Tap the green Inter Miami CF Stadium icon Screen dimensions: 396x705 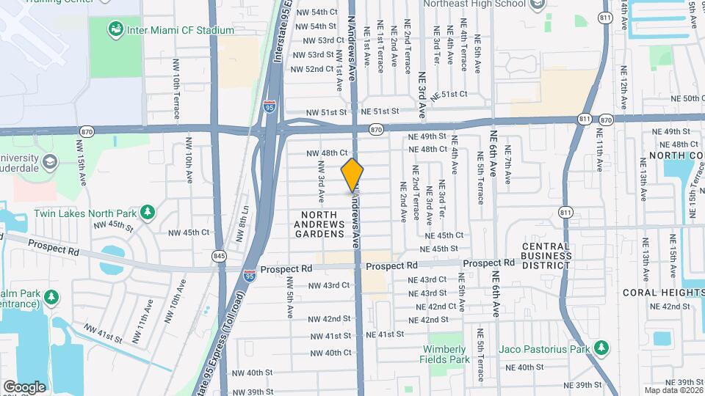point(115,30)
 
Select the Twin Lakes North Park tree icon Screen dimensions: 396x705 point(148,212)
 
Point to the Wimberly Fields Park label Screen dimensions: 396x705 point(444,354)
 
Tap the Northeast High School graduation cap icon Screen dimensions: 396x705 point(538,4)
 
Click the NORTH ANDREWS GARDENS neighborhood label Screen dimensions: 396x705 point(319,224)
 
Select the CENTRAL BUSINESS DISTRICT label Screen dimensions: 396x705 point(546,255)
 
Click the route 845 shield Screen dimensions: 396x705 point(218,256)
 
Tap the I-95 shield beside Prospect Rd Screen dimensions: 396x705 point(250,276)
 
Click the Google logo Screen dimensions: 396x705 point(24,386)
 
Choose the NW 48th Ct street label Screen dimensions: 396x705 point(326,153)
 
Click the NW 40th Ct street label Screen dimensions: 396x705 point(328,353)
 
